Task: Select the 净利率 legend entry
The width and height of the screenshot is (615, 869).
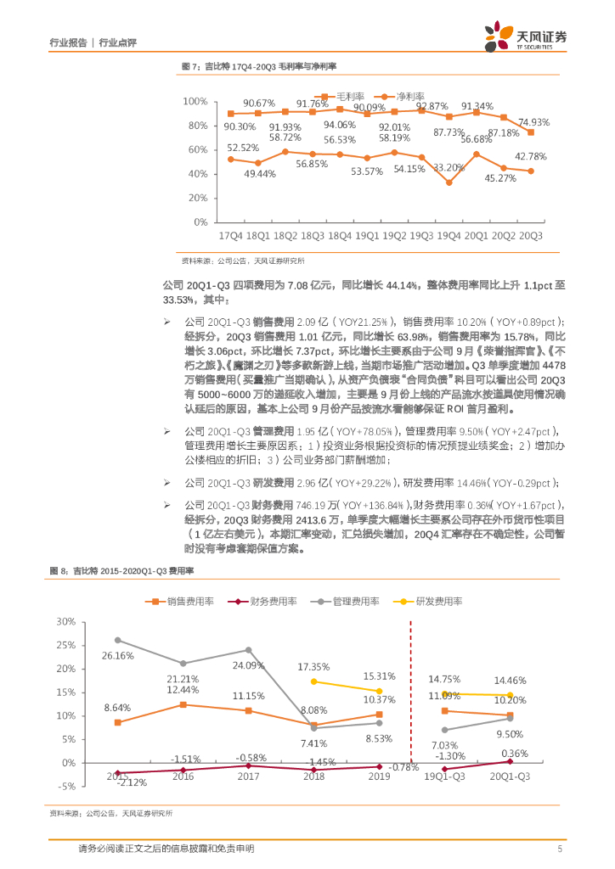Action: [x=410, y=97]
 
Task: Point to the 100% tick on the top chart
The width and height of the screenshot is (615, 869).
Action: [x=196, y=102]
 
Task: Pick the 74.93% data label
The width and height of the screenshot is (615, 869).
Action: [x=533, y=122]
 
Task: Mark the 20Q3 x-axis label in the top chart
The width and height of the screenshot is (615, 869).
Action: [x=532, y=234]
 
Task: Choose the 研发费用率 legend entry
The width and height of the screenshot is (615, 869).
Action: [x=438, y=601]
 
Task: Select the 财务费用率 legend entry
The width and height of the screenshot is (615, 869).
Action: [x=273, y=601]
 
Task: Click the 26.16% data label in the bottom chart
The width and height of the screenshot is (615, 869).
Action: [x=118, y=656]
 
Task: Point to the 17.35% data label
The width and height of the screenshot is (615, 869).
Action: [x=313, y=667]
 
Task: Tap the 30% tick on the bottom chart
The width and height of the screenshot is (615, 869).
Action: [x=65, y=621]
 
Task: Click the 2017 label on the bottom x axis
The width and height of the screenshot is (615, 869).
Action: [x=248, y=776]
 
